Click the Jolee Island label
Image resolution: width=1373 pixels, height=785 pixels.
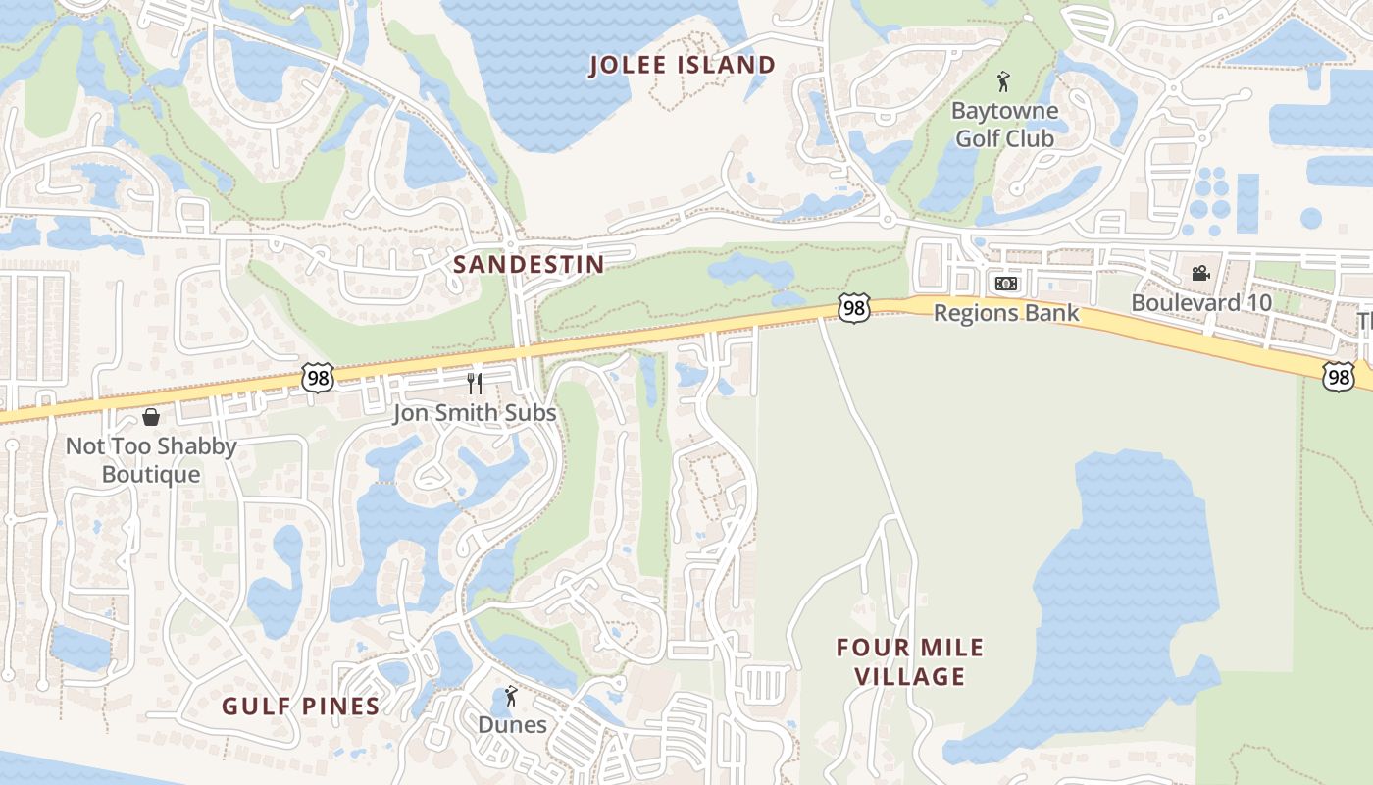point(683,66)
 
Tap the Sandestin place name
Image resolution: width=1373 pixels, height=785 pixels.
point(529,265)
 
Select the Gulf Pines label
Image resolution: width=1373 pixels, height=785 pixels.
point(300,706)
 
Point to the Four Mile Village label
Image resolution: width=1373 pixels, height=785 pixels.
point(910,661)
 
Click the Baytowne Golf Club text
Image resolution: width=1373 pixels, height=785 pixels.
point(1004,125)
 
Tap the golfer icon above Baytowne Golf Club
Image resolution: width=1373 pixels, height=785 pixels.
point(1003,81)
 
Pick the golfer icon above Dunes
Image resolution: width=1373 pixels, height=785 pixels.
point(511,697)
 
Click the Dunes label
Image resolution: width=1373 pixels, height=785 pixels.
point(512,725)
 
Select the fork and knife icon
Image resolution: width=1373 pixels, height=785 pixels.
point(476,383)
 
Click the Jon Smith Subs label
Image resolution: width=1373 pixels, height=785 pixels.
point(475,413)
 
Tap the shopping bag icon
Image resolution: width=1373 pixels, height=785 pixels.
point(151,418)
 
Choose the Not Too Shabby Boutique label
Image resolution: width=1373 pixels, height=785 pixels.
point(151,460)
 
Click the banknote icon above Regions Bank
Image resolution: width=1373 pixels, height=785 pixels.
point(1006,284)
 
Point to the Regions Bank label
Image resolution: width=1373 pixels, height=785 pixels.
point(1006,313)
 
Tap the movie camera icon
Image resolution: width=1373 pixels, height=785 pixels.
point(1200,273)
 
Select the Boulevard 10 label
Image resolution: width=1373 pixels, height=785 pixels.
point(1201,302)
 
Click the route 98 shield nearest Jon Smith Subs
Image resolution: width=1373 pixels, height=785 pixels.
point(318,377)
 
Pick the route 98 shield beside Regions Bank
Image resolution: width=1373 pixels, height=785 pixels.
point(854,309)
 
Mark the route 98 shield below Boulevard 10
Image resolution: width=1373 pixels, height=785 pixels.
point(1338,376)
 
